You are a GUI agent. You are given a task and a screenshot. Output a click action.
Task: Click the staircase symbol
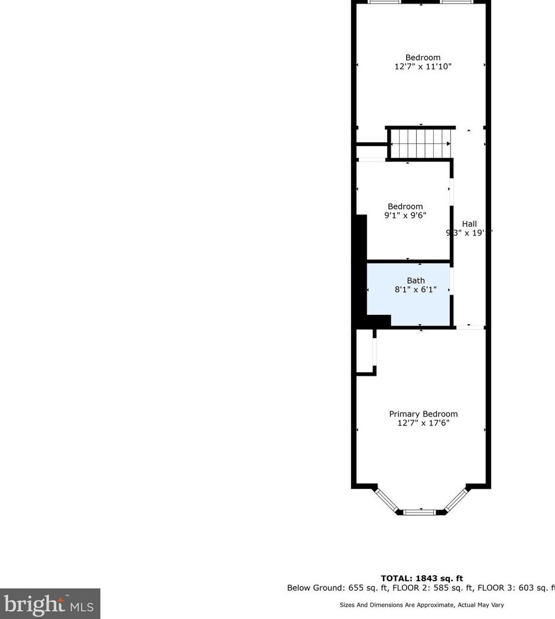pyautogui.click(x=420, y=143)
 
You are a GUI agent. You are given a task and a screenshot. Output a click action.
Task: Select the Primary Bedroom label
pyautogui.click(x=423, y=414)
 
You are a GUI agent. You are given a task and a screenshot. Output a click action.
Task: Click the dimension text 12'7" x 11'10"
pyautogui.click(x=423, y=67)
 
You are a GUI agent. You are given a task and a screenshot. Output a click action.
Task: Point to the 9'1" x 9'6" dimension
pyautogui.click(x=405, y=215)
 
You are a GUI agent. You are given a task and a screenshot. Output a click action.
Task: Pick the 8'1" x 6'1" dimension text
pyautogui.click(x=416, y=289)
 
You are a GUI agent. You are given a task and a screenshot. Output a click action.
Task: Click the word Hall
pyautogui.click(x=469, y=224)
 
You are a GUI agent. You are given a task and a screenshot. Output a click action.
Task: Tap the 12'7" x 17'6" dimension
pyautogui.click(x=423, y=423)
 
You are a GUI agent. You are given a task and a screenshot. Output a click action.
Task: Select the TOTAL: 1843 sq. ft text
pyautogui.click(x=422, y=578)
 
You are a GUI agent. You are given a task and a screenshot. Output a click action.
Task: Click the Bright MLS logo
pyautogui.click(x=50, y=604)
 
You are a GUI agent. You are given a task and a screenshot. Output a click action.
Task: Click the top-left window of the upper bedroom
pyautogui.click(x=384, y=2)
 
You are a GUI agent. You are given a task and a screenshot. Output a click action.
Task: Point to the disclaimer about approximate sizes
pyautogui.click(x=421, y=605)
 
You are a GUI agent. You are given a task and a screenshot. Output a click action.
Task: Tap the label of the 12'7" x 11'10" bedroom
pyautogui.click(x=423, y=57)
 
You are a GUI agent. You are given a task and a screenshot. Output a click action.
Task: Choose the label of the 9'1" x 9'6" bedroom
pyautogui.click(x=405, y=207)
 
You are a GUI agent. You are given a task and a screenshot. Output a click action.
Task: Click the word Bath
pyautogui.click(x=416, y=281)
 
